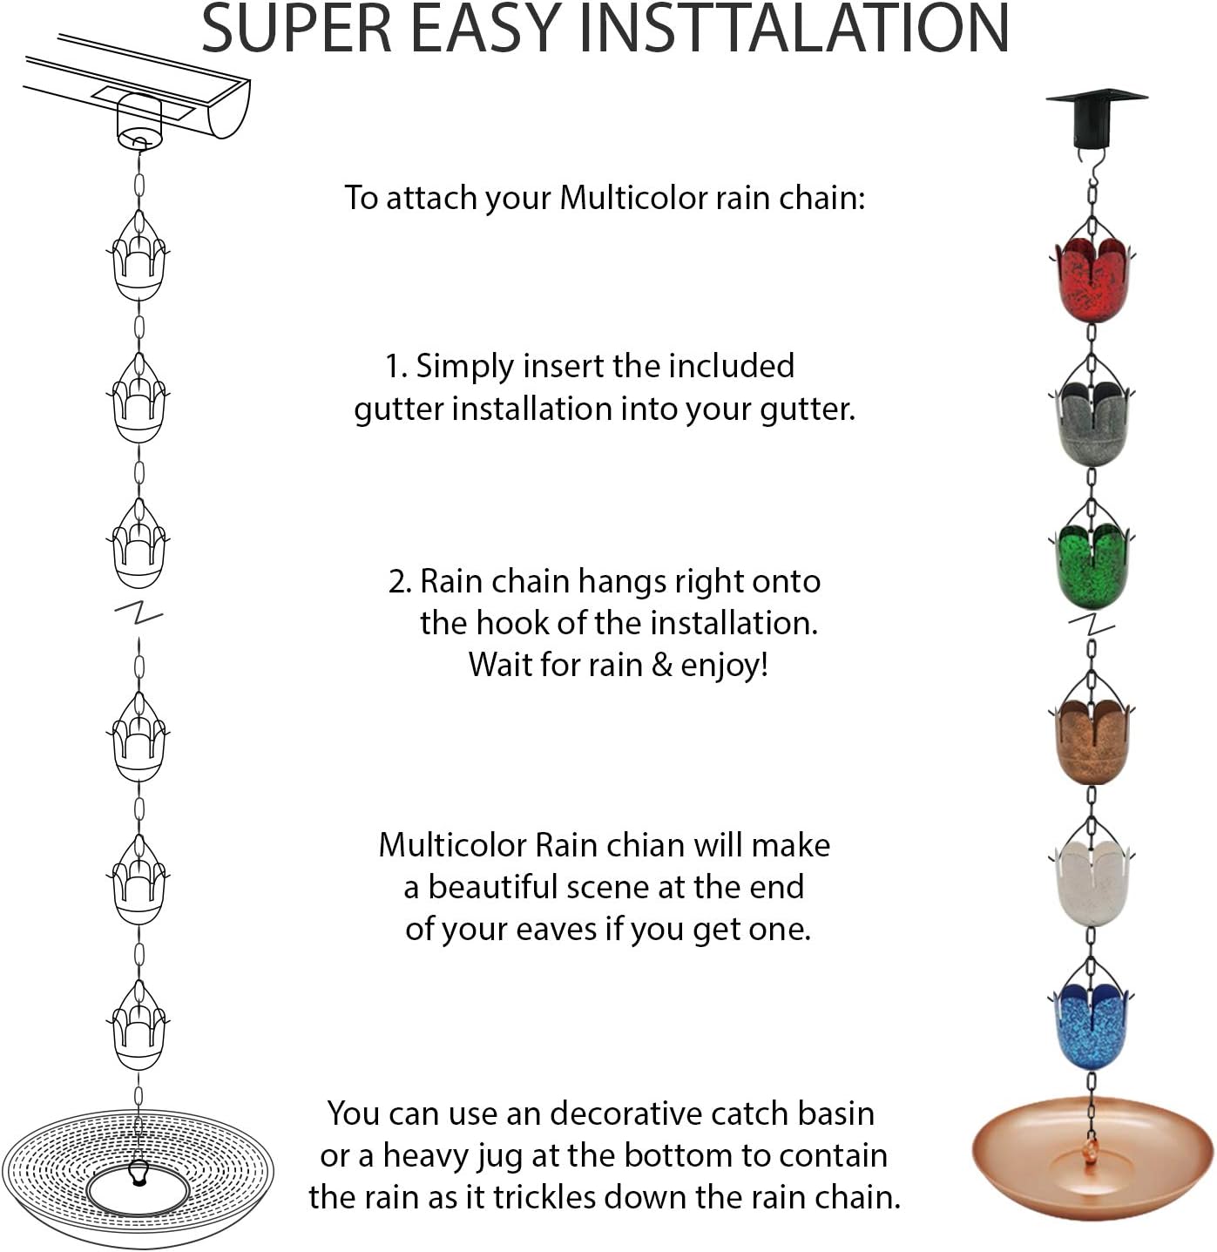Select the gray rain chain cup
tap(1092, 424)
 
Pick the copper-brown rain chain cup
tap(1092, 741)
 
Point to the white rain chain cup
tap(1092, 882)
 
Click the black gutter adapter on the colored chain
tap(1096, 118)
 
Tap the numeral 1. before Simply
tap(396, 367)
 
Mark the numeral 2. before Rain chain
tap(400, 582)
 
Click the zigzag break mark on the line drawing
tap(139, 613)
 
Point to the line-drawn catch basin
tap(138, 1176)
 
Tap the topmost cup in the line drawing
tap(139, 261)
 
